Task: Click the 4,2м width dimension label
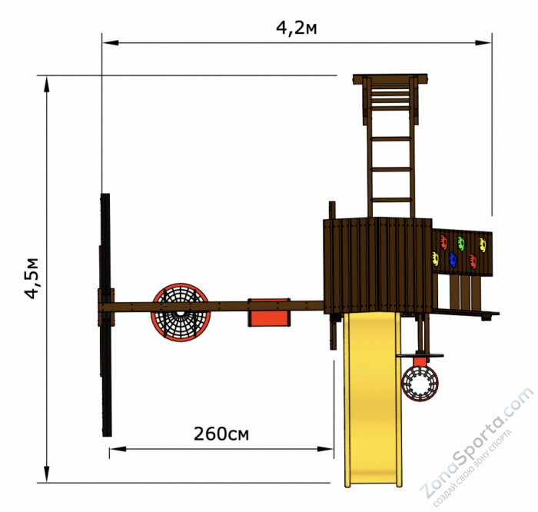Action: (297, 28)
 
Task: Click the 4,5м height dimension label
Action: (32, 278)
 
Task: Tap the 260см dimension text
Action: (221, 434)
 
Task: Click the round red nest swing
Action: (181, 313)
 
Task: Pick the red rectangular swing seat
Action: (269, 313)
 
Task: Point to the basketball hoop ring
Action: (420, 384)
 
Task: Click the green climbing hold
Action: (461, 243)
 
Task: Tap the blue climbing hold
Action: (453, 260)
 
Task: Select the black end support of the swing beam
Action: (106, 314)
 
